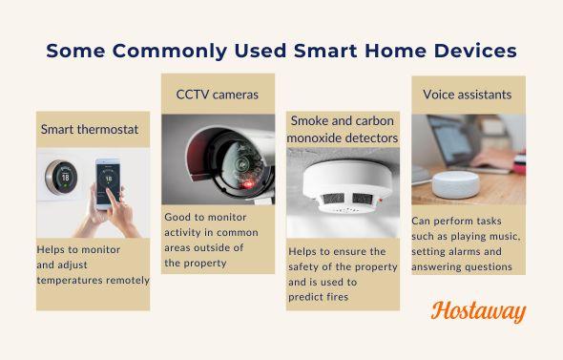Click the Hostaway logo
[478, 311]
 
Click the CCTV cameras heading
[217, 95]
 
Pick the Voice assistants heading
[468, 95]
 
